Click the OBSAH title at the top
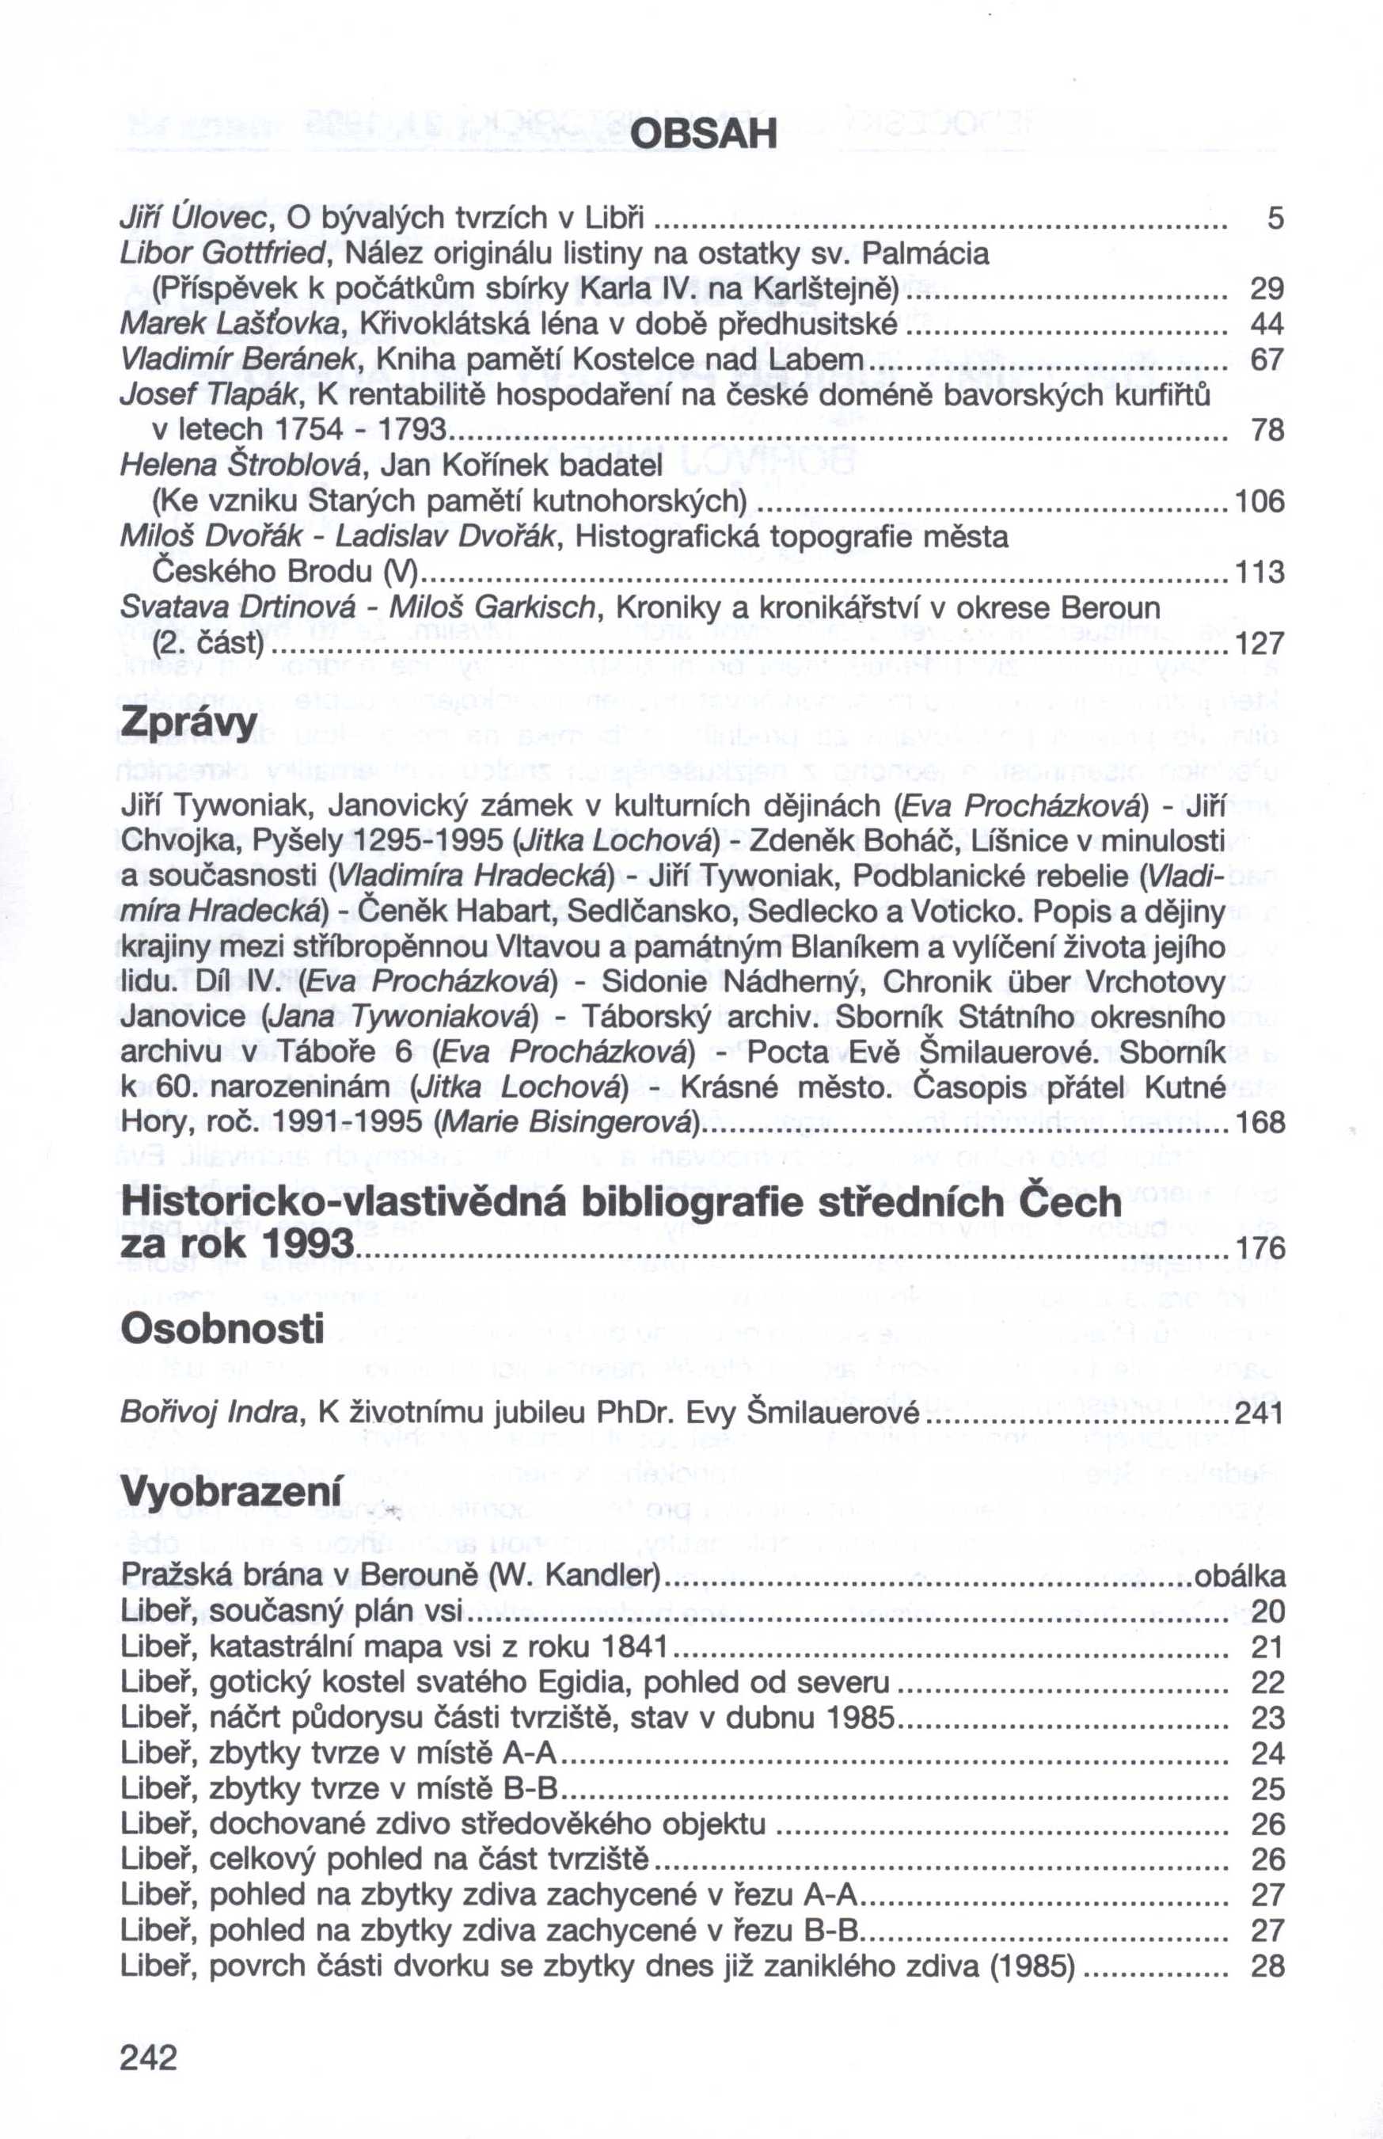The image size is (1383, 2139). coord(703,135)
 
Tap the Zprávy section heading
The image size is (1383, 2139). coord(188,723)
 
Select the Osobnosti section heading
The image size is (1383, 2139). coord(222,1329)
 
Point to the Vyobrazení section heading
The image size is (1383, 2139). coord(231,1492)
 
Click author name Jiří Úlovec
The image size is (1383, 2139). coord(196,219)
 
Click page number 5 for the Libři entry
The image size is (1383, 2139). coord(1275,219)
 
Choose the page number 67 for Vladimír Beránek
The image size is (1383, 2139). coord(1267,360)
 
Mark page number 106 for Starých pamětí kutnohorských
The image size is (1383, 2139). coord(1260,501)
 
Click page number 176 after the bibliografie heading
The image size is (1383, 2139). coord(1260,1248)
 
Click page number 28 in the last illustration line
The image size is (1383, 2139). coord(1267,1965)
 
